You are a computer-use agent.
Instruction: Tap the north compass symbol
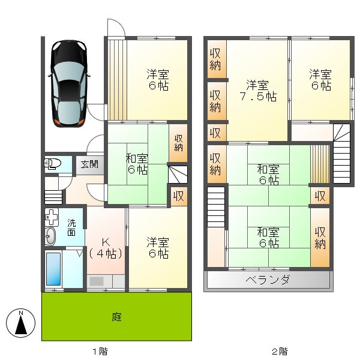(21, 325)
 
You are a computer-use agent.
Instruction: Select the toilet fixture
(53, 164)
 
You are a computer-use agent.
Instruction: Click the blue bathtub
(53, 268)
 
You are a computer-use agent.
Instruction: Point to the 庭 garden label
(116, 316)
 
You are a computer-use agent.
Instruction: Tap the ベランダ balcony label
(268, 280)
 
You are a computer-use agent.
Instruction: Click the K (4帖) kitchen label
(106, 247)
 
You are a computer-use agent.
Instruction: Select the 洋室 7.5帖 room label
(259, 91)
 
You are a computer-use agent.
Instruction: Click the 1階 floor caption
(100, 351)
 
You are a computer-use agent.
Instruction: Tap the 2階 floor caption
(280, 351)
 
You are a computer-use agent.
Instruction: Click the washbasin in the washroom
(50, 236)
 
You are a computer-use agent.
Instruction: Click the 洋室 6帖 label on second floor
(320, 80)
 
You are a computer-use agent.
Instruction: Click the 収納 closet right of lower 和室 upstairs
(321, 238)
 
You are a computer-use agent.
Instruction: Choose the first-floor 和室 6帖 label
(137, 164)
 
